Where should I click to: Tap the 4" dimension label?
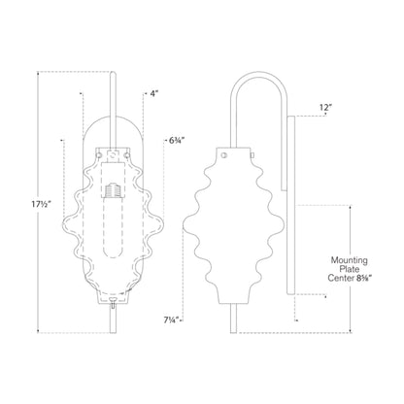(153, 94)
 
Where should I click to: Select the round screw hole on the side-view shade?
(225, 152)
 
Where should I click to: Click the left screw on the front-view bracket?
(107, 152)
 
